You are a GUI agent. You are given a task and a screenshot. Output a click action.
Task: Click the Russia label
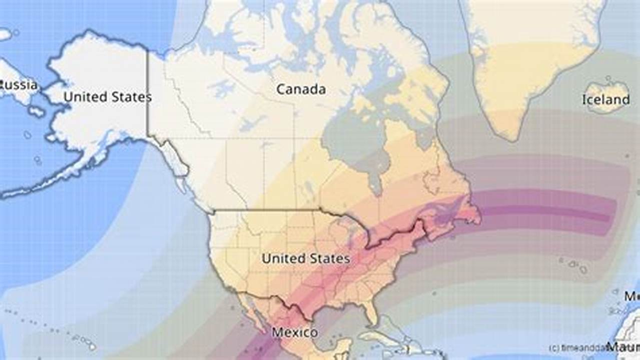pyautogui.click(x=19, y=84)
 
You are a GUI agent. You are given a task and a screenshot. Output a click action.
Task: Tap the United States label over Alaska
pyautogui.click(x=107, y=97)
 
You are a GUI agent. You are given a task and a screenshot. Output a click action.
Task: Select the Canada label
pyautogui.click(x=301, y=89)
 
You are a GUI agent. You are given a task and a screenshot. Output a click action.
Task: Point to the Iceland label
pyautogui.click(x=605, y=99)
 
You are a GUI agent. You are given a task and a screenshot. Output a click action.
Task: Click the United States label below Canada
pyautogui.click(x=305, y=258)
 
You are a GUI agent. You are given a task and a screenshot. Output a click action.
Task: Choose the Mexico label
pyautogui.click(x=294, y=332)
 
